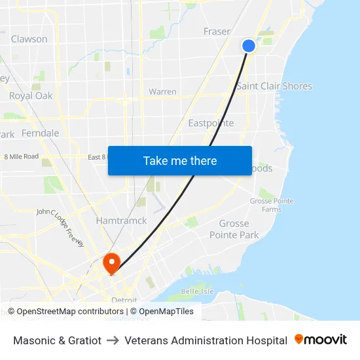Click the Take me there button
click(180, 160)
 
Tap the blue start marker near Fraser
click(249, 45)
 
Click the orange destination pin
click(111, 263)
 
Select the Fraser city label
click(217, 31)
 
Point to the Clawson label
click(29, 39)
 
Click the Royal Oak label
click(31, 96)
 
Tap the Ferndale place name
click(40, 133)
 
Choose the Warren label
click(162, 92)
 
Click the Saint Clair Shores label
click(274, 86)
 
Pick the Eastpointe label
click(211, 123)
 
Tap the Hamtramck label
click(122, 221)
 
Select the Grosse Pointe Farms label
click(272, 205)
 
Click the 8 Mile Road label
click(22, 156)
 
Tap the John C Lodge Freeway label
click(60, 227)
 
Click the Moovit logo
click(321, 340)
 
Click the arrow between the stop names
click(113, 340)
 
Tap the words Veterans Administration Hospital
click(206, 340)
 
